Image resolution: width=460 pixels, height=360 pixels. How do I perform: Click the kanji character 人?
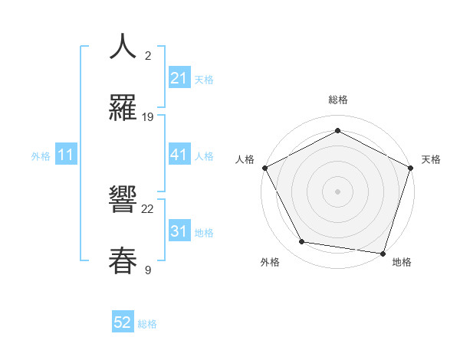pyautogui.click(x=123, y=46)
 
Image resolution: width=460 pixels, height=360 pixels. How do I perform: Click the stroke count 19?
pyautogui.click(x=148, y=117)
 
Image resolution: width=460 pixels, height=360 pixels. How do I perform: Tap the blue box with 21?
pyautogui.click(x=179, y=78)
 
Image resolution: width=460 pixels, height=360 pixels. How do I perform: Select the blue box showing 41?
pyautogui.click(x=179, y=155)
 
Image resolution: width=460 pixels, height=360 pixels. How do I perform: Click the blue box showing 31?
pyautogui.click(x=179, y=231)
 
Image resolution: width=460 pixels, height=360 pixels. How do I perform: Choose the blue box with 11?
pyautogui.click(x=66, y=155)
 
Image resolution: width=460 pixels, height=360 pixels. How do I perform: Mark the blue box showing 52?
pyautogui.click(x=123, y=323)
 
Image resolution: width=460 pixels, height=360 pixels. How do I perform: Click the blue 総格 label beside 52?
pyautogui.click(x=147, y=324)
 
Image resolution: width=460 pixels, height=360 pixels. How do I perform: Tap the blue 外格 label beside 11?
pyautogui.click(x=41, y=156)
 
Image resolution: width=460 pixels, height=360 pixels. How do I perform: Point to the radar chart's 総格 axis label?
pyautogui.click(x=338, y=100)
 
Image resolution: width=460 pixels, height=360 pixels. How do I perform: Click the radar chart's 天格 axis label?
pyautogui.click(x=432, y=159)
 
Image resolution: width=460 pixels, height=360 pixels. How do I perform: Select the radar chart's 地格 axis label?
pyautogui.click(x=402, y=263)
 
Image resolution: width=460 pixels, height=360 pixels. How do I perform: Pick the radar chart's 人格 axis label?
pyautogui.click(x=245, y=159)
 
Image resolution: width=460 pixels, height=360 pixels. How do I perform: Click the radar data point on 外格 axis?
pyautogui.click(x=302, y=242)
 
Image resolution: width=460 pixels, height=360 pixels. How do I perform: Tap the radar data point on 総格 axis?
pyautogui.click(x=338, y=130)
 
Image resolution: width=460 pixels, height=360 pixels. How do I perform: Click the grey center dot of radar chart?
pyautogui.click(x=338, y=191)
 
